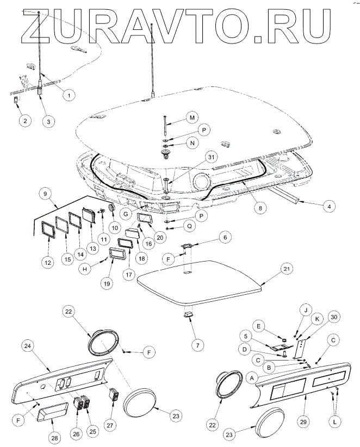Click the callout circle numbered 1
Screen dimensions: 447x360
tap(69, 95)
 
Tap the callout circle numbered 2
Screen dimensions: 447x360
tap(24, 121)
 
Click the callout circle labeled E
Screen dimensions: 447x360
tap(258, 326)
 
